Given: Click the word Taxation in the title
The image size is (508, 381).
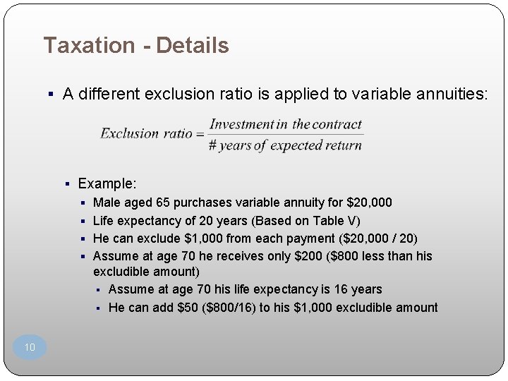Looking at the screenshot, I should point(88,46).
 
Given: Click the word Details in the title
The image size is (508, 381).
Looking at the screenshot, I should point(193,46).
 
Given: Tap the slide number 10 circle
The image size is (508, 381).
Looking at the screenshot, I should point(30,347).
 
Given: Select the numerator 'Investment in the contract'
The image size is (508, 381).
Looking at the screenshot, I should point(285,124).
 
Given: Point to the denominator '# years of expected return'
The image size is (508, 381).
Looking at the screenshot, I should point(285,145).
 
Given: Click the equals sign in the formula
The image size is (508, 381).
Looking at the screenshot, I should point(200,133).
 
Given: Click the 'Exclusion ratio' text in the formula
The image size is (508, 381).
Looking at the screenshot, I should point(146,133).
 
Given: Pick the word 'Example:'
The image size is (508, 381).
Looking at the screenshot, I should point(107,183).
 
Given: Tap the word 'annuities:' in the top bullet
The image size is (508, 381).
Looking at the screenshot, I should point(452,94).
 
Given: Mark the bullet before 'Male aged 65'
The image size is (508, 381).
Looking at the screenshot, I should point(83,202).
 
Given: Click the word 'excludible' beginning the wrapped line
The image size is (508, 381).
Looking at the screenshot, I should point(120,272).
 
